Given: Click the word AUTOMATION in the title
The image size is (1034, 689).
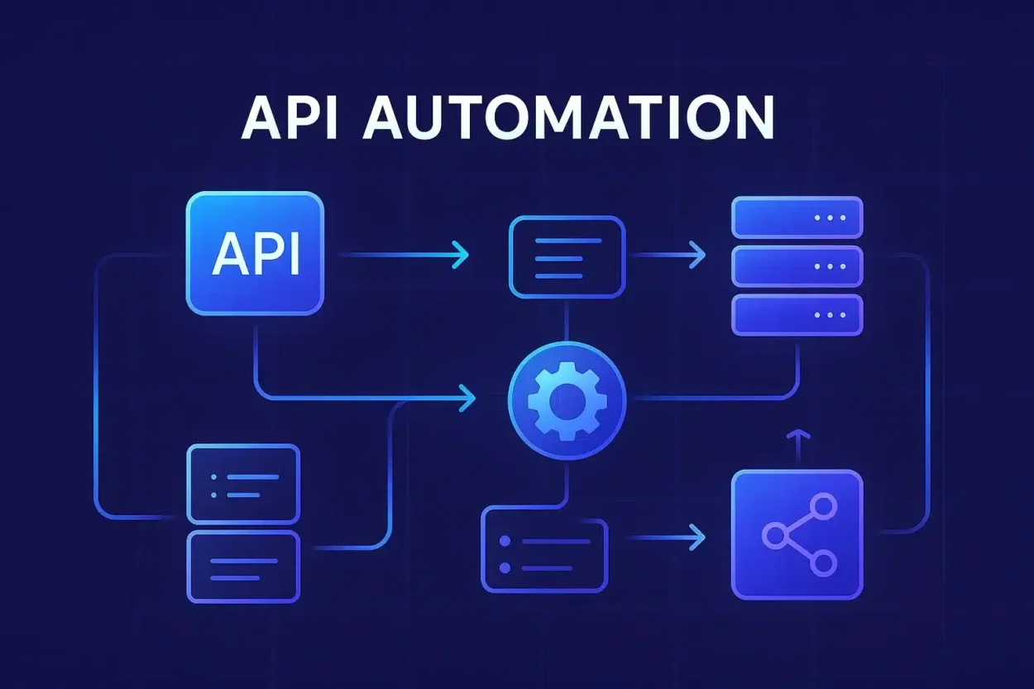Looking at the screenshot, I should click(569, 119).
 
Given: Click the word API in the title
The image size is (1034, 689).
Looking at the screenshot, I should click(290, 119).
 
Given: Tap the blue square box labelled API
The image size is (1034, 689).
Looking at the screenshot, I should click(255, 253).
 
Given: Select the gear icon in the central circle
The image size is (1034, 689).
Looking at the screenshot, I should click(567, 400).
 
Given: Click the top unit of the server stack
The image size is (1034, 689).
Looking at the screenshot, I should click(797, 218).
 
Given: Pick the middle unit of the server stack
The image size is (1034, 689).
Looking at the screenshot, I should click(797, 266).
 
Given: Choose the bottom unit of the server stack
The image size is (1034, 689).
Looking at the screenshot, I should click(797, 315).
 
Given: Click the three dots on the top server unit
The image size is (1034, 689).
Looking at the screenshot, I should click(830, 218).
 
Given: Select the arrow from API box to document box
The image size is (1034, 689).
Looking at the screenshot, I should click(405, 255).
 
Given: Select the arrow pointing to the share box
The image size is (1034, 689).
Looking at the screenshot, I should click(670, 538).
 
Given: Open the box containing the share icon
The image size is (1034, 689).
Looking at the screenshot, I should click(797, 534).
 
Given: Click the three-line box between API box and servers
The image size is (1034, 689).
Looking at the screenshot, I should click(567, 256).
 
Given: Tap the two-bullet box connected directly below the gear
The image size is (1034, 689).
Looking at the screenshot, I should click(544, 550).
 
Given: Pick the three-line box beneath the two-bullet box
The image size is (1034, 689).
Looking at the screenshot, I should click(243, 567).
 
